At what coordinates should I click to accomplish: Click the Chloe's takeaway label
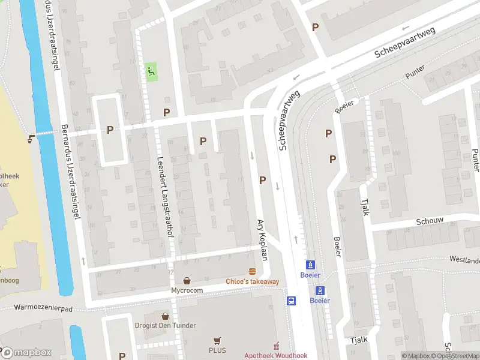252,281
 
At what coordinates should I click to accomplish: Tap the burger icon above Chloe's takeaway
252,271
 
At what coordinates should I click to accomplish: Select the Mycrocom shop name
188,290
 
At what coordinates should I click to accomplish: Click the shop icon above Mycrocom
188,280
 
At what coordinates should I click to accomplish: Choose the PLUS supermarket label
217,350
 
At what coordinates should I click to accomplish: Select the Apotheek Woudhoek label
275,355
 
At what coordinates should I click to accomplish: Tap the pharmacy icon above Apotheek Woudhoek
276,346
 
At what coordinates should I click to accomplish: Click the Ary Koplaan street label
262,238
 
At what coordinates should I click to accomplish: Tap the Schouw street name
430,221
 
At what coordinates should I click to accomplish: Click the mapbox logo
26,353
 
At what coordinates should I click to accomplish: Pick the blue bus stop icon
292,301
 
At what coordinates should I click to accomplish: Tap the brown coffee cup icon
31,139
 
